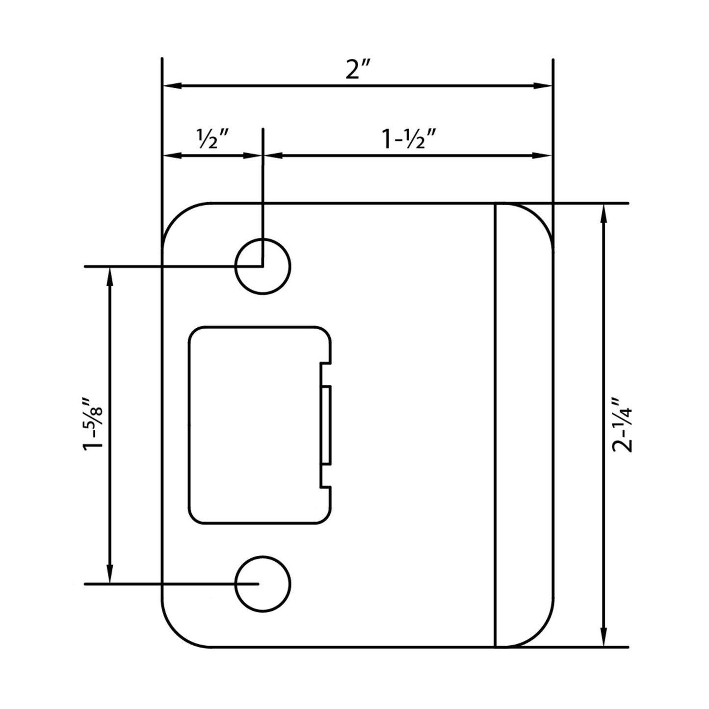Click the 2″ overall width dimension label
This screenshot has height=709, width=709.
[358, 70]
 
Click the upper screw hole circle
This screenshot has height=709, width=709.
[263, 266]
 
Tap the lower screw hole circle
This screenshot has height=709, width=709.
[263, 584]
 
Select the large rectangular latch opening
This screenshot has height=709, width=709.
[255, 425]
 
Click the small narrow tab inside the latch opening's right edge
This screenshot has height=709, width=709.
[326, 425]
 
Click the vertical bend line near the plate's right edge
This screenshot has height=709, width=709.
[495, 425]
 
